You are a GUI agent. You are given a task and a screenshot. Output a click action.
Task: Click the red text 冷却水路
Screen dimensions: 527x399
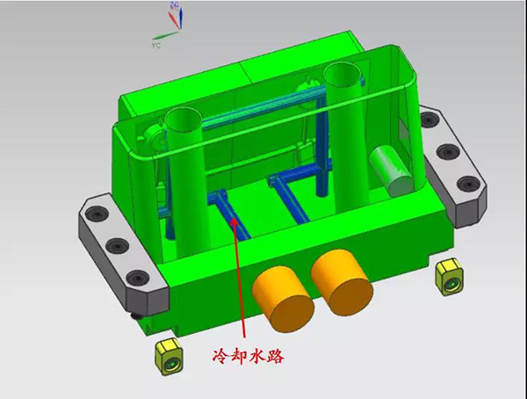click(249, 356)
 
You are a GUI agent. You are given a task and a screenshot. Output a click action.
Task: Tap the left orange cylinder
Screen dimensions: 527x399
click(283, 299)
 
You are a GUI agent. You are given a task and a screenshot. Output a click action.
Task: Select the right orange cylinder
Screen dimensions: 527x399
click(342, 282)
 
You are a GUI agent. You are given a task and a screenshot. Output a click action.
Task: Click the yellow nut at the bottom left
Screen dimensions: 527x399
click(169, 357)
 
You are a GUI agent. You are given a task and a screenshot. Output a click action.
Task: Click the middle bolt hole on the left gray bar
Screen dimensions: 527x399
click(118, 245)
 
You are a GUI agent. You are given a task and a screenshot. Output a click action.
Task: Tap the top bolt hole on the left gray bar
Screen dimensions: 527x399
click(97, 214)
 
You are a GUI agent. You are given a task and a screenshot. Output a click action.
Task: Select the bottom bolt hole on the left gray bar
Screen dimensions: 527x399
click(138, 278)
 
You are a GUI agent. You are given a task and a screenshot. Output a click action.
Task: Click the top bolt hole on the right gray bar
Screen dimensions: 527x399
click(429, 120)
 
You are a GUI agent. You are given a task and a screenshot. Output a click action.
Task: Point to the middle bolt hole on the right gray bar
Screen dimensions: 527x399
click(448, 152)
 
